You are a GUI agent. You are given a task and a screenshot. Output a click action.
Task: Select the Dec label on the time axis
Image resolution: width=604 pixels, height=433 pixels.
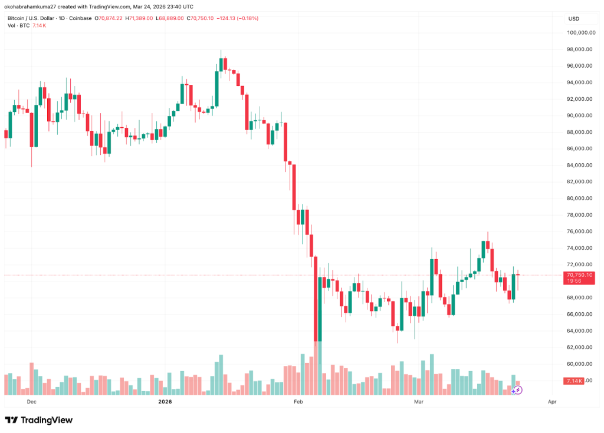click(x=31, y=402)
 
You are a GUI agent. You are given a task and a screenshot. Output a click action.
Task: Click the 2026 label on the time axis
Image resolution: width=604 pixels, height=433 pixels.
click(x=165, y=402)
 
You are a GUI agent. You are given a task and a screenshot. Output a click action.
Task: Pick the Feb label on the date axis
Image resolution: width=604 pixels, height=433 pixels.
click(x=298, y=402)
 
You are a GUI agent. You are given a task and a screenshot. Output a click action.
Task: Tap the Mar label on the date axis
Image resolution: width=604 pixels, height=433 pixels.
click(x=419, y=402)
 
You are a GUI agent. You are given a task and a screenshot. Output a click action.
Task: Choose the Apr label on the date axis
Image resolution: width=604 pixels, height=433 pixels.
click(x=552, y=402)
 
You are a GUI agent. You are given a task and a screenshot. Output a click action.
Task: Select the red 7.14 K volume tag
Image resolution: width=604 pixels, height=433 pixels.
click(x=574, y=381)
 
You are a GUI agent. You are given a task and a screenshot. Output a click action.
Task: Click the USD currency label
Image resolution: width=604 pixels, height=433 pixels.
click(x=573, y=19)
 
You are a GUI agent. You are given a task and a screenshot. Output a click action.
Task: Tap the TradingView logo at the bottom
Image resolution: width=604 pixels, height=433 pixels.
click(x=38, y=420)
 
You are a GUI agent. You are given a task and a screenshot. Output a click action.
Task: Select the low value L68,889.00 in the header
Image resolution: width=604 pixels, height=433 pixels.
click(x=169, y=18)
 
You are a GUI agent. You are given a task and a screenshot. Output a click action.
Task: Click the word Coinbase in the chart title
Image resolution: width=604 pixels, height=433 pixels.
click(x=80, y=18)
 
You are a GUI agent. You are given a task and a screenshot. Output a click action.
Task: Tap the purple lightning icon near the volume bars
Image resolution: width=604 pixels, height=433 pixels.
click(x=517, y=390)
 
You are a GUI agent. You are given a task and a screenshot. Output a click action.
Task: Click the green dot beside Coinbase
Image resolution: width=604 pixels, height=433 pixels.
click(x=97, y=18)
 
